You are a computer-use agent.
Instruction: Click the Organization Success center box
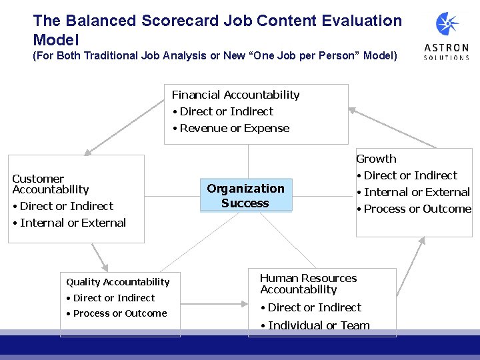pos(245,196)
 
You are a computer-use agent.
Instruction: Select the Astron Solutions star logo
pos(447,25)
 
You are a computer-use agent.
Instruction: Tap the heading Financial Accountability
pos(235,95)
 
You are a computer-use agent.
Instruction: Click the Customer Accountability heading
pos(50,184)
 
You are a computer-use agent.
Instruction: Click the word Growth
pos(376,159)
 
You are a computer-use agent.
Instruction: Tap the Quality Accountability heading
pos(117,282)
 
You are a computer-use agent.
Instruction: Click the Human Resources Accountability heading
pos(308,283)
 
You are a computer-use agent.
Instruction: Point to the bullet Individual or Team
pos(318,325)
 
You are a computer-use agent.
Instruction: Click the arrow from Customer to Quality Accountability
pos(100,255)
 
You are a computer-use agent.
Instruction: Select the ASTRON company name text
pos(446,48)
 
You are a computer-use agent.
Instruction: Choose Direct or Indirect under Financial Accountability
pos(226,111)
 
